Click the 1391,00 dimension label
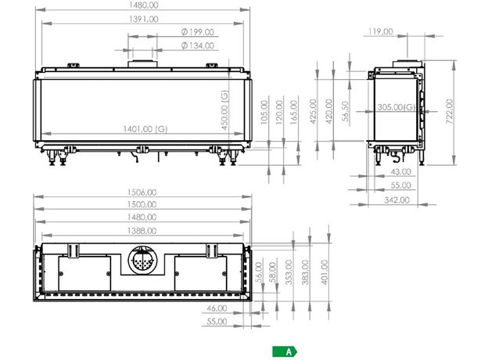point(143,19)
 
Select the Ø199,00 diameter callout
point(198,32)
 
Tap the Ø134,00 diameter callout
point(198,45)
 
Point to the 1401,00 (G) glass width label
point(145,128)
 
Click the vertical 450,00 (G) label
point(224,110)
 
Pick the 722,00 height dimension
point(450,111)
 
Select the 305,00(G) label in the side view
point(396,107)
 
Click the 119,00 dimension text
point(380,31)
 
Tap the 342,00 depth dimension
point(396,200)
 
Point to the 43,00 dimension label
point(401,171)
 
